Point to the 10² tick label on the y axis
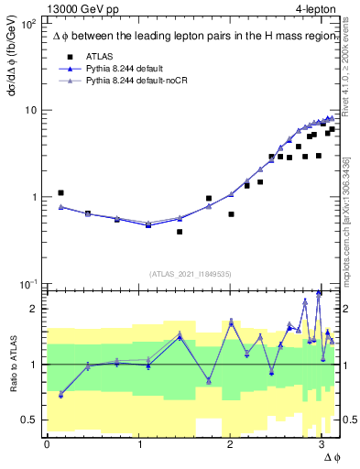click(28, 24)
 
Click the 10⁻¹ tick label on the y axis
click(28, 284)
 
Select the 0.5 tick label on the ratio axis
click(29, 420)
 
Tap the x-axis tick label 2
click(229, 444)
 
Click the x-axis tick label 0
click(47, 444)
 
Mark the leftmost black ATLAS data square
click(60, 193)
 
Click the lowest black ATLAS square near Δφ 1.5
click(180, 232)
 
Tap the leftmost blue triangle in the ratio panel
click(60, 394)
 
